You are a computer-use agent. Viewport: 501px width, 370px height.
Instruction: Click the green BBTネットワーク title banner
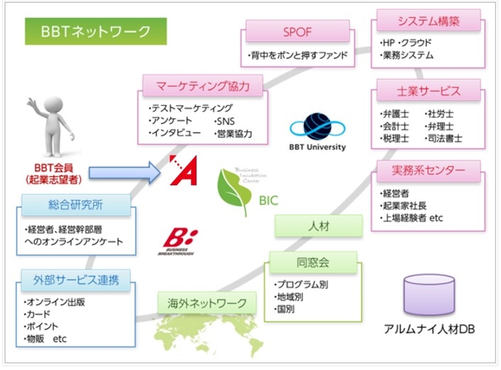(96, 31)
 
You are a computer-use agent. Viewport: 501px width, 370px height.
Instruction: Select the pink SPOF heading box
(297, 32)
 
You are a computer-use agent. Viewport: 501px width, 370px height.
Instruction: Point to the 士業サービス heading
(428, 92)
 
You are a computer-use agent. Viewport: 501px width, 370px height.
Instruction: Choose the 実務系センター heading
(428, 171)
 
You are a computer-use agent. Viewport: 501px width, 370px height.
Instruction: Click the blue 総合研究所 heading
(76, 206)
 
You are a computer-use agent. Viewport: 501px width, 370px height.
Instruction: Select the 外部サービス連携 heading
(77, 280)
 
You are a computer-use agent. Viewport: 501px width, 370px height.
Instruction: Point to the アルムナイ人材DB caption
(429, 331)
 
